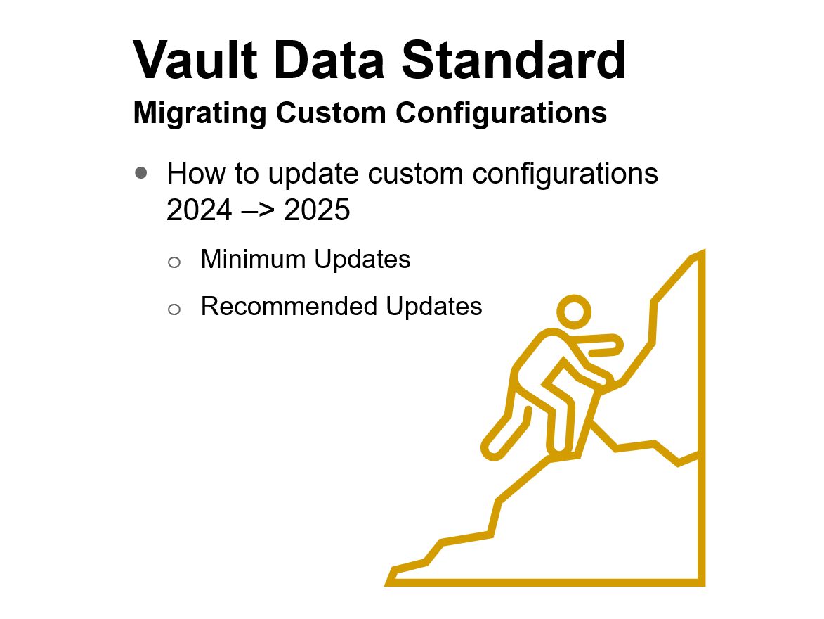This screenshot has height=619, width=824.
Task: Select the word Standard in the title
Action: [x=514, y=60]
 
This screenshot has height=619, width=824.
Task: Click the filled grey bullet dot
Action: [x=141, y=172]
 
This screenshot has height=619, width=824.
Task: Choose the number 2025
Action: [x=316, y=210]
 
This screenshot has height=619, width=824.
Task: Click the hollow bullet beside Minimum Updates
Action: [x=174, y=262]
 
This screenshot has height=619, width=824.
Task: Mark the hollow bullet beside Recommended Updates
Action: [x=174, y=308]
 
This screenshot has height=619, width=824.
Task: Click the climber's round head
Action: [x=574, y=311]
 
